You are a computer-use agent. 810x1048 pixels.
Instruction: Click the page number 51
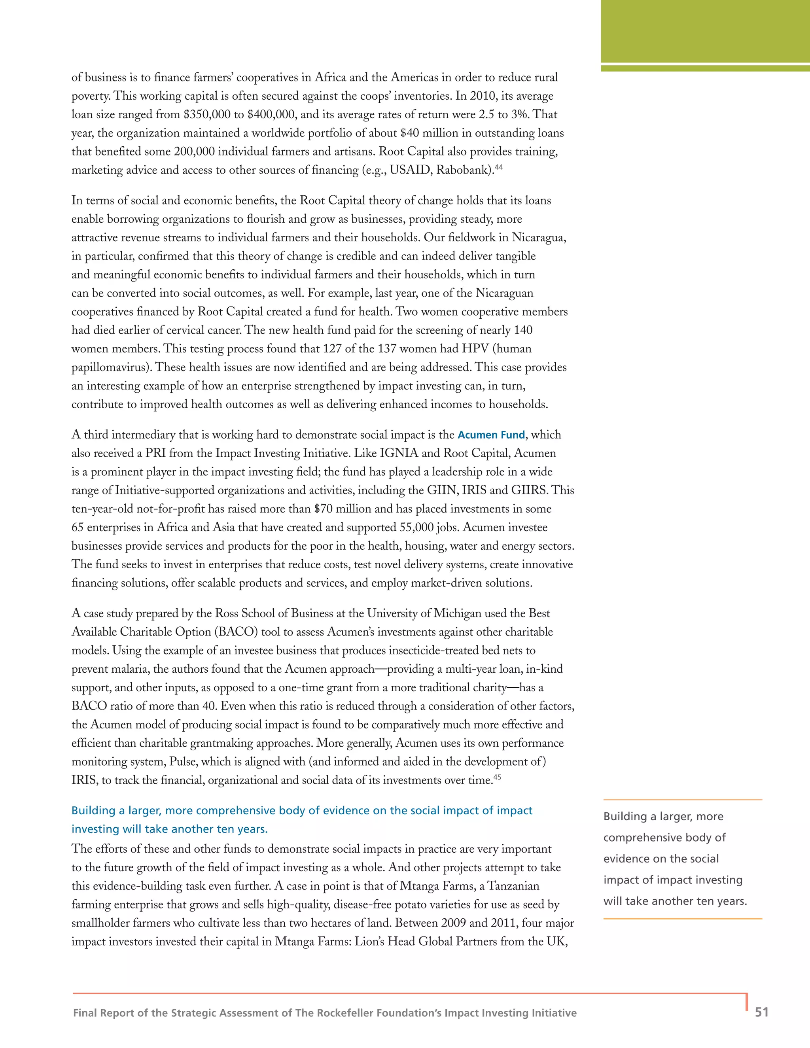(x=761, y=1012)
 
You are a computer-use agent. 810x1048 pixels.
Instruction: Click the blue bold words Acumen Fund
(x=491, y=435)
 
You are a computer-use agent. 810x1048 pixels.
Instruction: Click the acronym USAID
(x=411, y=170)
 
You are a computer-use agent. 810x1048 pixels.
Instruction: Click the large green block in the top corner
(x=705, y=31)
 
